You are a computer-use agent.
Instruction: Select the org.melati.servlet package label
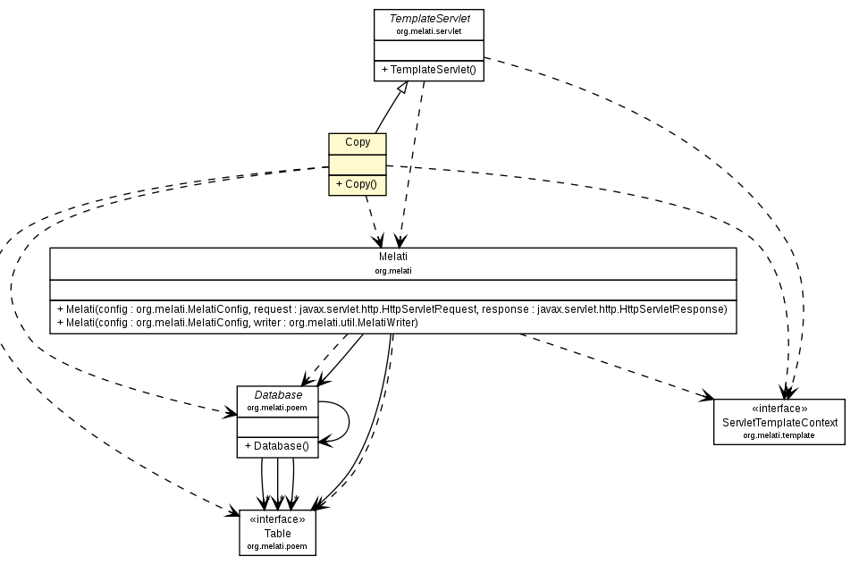428,31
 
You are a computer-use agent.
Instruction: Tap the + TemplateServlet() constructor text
428,70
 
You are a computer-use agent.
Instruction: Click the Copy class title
358,142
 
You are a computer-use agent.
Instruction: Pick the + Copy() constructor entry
357,185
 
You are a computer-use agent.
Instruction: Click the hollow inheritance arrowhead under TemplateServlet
403,88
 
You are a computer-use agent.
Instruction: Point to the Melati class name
392,257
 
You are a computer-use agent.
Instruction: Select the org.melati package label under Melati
392,269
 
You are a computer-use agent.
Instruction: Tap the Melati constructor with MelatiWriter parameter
238,322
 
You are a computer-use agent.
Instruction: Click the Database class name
278,394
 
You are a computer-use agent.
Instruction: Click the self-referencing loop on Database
346,420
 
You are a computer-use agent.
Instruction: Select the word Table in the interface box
277,533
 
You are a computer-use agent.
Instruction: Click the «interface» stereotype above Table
277,519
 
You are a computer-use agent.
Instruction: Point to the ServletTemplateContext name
779,422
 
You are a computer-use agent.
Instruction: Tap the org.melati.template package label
779,435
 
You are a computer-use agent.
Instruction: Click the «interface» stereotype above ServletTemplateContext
779,409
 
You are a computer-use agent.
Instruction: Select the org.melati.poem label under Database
278,407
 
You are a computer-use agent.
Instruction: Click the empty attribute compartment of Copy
358,164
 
